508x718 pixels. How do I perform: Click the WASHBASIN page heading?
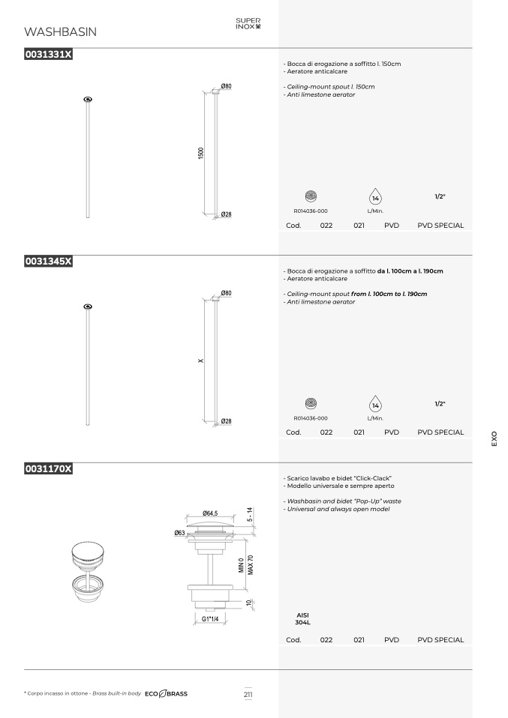click(60, 31)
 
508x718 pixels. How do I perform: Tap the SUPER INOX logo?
click(248, 23)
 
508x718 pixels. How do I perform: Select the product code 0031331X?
click(48, 54)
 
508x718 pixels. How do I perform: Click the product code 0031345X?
click(48, 261)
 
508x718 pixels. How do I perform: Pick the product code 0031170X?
click(48, 468)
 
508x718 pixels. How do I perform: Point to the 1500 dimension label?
click(200, 153)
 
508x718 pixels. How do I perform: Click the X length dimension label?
click(200, 360)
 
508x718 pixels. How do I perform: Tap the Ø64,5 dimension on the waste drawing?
click(210, 513)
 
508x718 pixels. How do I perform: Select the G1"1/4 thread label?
click(210, 618)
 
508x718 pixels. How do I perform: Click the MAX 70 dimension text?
click(251, 564)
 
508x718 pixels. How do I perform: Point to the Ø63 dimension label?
click(179, 533)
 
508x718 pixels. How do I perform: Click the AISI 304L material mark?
click(302, 618)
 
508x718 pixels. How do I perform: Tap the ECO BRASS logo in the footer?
click(166, 694)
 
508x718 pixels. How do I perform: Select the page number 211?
click(248, 694)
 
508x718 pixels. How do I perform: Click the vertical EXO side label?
click(494, 438)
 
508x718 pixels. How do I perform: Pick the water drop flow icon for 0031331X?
click(375, 196)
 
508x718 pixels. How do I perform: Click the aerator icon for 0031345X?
click(311, 403)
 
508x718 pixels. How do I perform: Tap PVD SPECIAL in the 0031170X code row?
click(440, 640)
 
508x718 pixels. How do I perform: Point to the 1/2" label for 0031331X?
click(440, 196)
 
